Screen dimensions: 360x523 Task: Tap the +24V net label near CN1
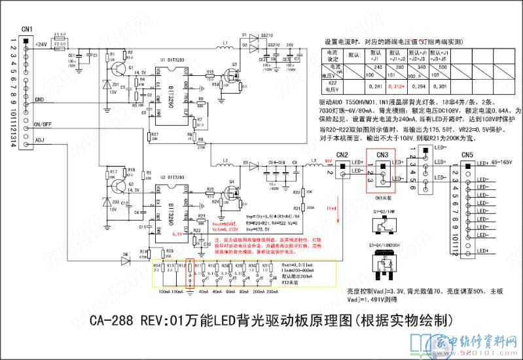coord(41,45)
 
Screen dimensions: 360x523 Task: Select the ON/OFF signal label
coord(43,124)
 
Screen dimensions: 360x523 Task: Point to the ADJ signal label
coord(39,139)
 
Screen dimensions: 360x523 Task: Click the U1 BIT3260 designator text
coord(171,60)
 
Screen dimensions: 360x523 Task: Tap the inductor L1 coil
coord(225,48)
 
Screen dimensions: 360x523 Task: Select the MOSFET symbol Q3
coord(230,74)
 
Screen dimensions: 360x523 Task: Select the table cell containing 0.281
coord(376,86)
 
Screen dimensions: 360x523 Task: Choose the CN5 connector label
coord(467,154)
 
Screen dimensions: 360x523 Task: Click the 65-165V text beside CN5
coord(503,161)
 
